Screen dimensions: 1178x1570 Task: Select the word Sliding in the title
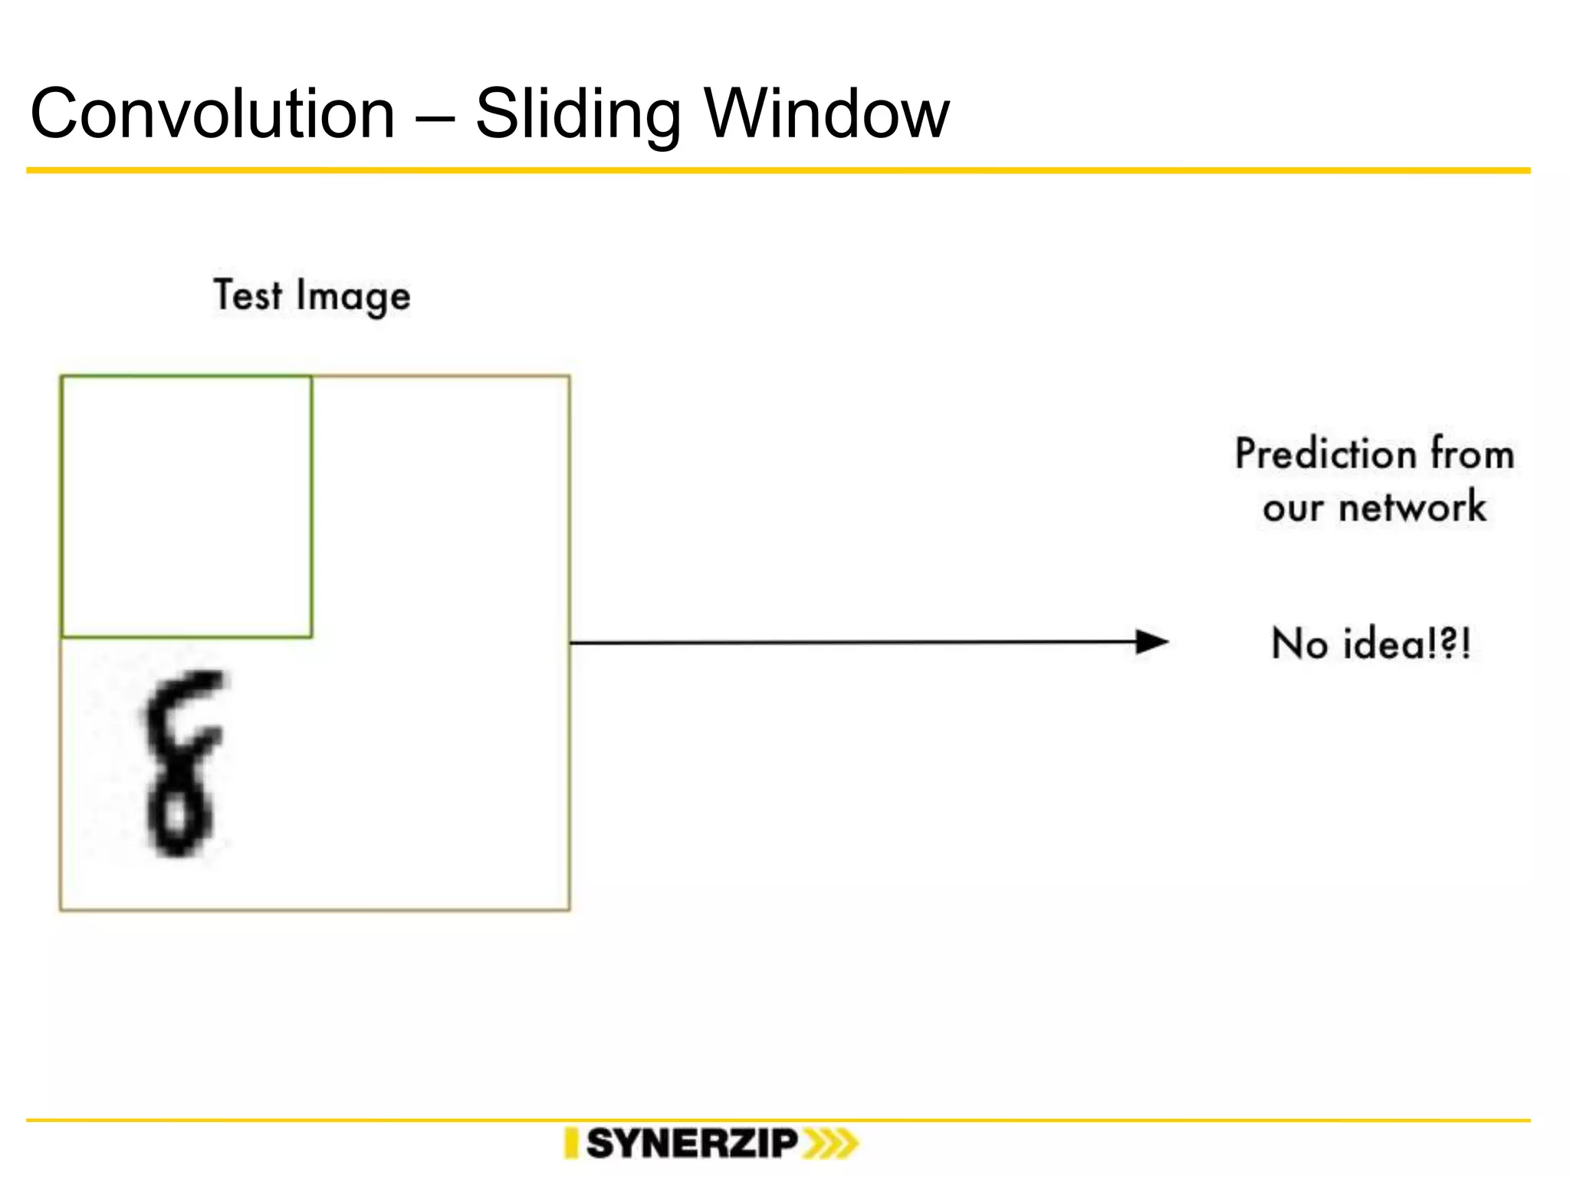click(x=577, y=115)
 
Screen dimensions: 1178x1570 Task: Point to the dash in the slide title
click(x=435, y=117)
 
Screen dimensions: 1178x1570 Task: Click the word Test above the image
click(x=247, y=295)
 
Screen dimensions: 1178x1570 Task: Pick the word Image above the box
click(x=353, y=298)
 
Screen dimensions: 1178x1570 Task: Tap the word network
click(x=1412, y=508)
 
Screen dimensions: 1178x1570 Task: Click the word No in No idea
click(x=1299, y=643)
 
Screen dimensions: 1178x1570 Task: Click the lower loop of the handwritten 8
click(x=179, y=818)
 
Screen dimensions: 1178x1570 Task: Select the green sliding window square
click(x=186, y=506)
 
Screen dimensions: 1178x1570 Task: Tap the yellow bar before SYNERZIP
click(x=571, y=1143)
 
